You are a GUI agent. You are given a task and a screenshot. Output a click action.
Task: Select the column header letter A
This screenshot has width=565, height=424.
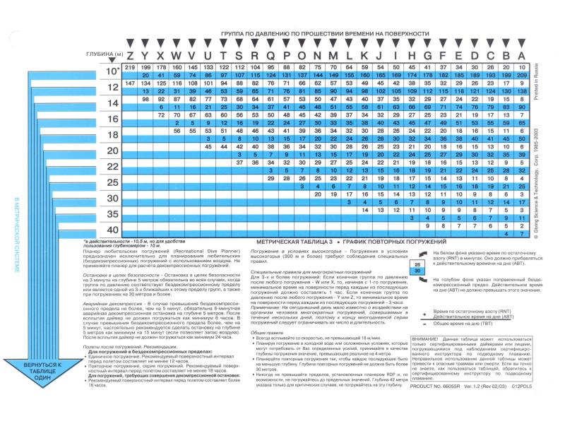click(x=522, y=56)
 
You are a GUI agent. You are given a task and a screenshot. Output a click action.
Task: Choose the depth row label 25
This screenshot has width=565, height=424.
click(x=112, y=182)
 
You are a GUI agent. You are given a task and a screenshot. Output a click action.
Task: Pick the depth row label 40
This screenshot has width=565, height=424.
click(x=112, y=230)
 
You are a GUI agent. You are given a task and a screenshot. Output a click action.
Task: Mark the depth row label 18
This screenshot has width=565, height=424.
click(x=112, y=134)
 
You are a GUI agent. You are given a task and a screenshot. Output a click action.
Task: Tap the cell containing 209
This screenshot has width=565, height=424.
click(x=522, y=75)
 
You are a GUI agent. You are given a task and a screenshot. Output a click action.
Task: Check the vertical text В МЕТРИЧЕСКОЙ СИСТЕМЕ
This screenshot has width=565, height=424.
click(x=18, y=240)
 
